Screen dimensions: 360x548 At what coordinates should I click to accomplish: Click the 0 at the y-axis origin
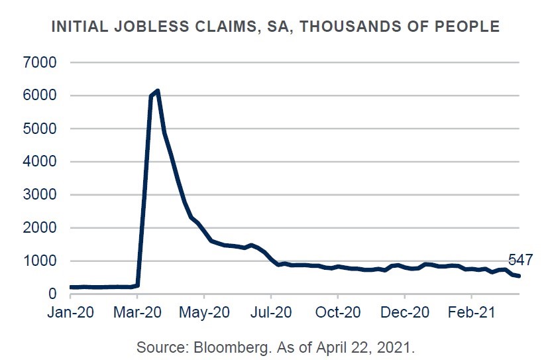coord(52,294)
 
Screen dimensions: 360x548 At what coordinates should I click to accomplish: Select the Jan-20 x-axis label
coord(69,312)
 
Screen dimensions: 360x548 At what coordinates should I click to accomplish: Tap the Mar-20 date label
coord(137,312)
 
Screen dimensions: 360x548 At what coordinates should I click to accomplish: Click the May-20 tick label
coord(204,312)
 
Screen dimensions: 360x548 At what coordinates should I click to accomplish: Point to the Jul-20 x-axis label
coord(271,312)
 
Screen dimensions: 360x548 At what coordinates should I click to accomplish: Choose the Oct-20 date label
coord(337,312)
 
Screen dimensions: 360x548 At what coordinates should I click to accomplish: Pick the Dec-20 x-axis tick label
coord(404,312)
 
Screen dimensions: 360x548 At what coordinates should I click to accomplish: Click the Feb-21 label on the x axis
coord(471,312)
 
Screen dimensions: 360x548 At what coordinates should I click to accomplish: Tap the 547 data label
coord(520,260)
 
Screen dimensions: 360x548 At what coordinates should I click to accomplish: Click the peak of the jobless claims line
coord(157,91)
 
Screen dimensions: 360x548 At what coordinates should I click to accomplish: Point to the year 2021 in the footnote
coord(397,347)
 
